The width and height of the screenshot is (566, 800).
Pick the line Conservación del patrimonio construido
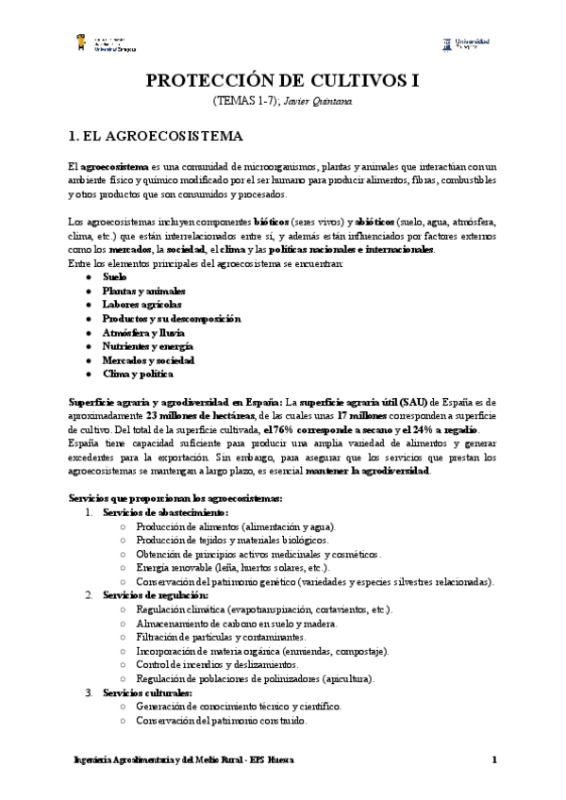pyautogui.click(x=221, y=721)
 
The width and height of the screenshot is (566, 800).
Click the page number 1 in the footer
pyautogui.click(x=493, y=760)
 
